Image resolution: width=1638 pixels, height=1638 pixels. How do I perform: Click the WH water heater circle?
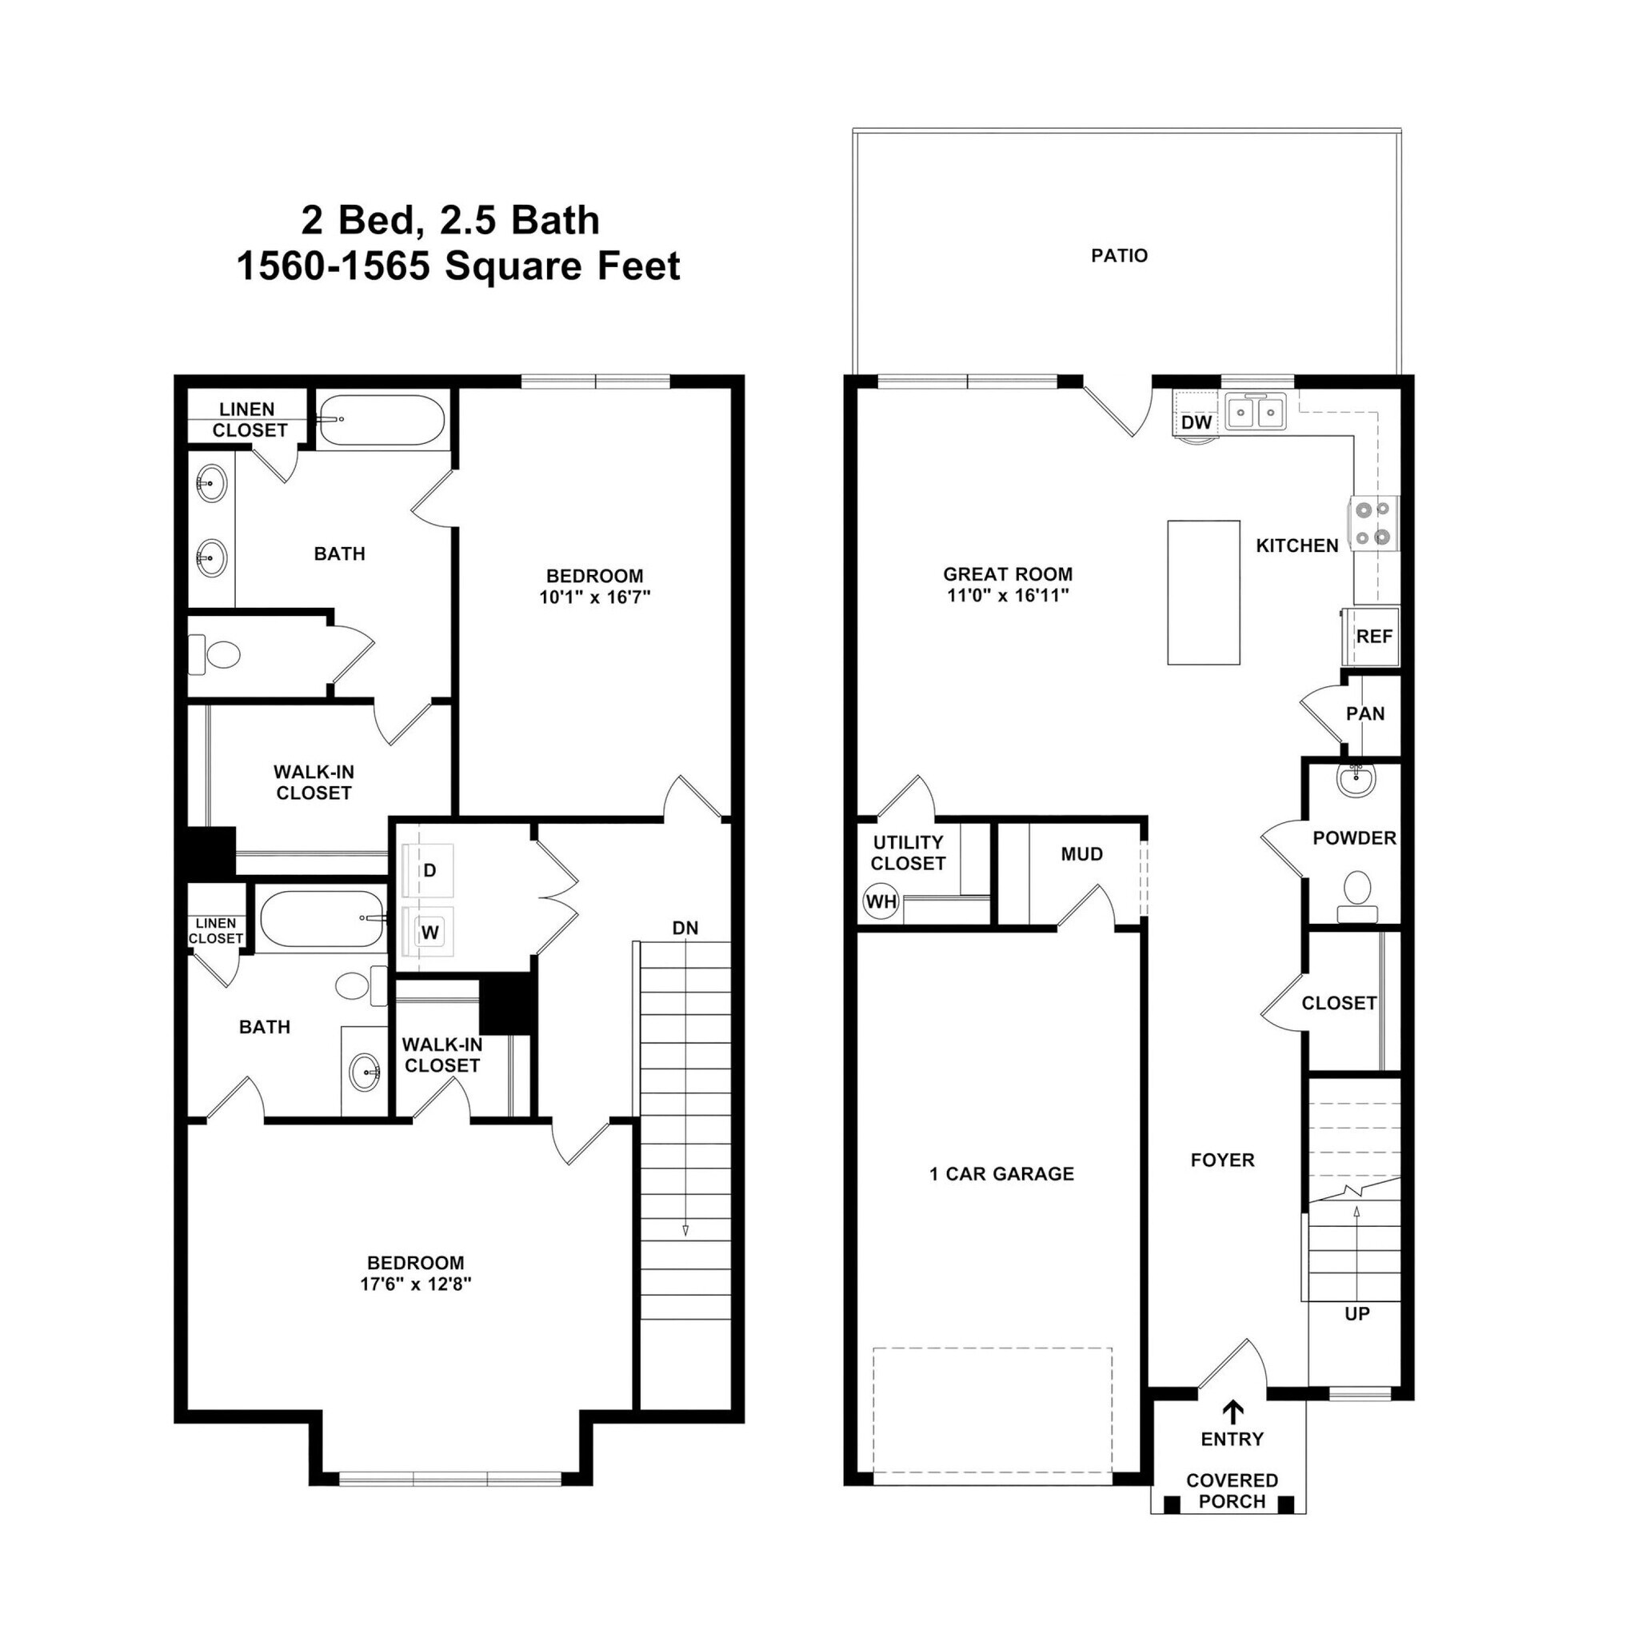point(880,902)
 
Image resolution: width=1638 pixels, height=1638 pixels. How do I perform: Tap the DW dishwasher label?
point(1197,422)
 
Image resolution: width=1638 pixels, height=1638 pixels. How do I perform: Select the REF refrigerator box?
point(1372,637)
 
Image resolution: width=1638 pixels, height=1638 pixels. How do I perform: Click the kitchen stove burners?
point(1373,522)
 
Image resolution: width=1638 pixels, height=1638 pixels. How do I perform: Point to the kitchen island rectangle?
point(1203,593)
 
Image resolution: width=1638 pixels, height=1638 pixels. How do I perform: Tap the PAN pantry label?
point(1365,714)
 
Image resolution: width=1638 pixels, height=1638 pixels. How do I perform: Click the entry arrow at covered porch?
point(1232,1411)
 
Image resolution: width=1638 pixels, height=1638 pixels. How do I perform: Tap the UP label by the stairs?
point(1356,1314)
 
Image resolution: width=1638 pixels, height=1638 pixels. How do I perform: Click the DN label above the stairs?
point(685,929)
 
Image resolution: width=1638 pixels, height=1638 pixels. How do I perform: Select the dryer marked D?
point(429,871)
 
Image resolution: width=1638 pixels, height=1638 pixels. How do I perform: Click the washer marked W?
point(429,933)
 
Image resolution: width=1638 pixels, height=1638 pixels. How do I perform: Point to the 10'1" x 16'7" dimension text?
point(594,597)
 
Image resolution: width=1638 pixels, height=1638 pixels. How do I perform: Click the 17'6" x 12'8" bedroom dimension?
point(415,1284)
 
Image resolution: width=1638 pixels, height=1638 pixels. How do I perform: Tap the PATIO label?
point(1119,256)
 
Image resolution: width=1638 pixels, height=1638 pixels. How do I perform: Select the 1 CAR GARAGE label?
point(1001,1174)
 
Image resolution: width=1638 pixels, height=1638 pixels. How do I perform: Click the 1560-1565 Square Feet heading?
point(457,266)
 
